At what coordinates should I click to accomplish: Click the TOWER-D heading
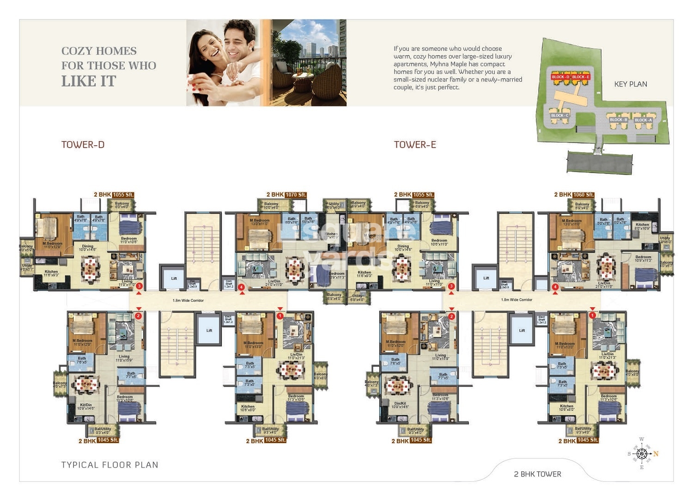coord(83,145)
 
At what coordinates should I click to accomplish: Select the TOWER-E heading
coord(414,145)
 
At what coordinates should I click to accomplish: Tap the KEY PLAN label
coord(630,84)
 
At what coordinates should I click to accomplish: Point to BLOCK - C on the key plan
coord(559,116)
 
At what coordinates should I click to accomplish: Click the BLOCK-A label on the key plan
coord(643,120)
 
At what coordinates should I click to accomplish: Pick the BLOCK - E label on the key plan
coord(581,77)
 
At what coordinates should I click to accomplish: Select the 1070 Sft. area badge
coord(296,195)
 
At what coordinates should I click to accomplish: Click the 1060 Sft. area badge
coord(583,195)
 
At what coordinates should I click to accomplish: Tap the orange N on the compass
coord(656,454)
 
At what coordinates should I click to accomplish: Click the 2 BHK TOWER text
coord(537,474)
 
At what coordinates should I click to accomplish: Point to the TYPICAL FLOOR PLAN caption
coord(109,465)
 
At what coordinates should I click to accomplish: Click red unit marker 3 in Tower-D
coord(139,286)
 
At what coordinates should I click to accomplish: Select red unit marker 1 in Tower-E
coord(592,315)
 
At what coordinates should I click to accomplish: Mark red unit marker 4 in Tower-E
coord(555,287)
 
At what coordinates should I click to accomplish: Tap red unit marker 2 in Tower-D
coord(138,316)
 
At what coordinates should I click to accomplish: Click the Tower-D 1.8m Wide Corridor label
coord(188,301)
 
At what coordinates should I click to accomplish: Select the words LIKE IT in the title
coord(89,81)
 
